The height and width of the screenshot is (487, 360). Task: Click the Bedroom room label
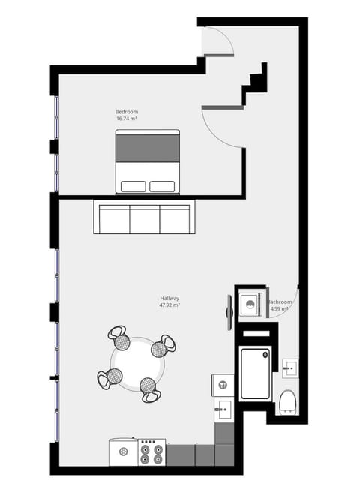(126, 112)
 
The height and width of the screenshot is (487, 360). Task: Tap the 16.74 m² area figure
(126, 119)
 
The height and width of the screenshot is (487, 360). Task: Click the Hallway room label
(169, 299)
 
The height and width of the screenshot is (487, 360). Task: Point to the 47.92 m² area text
(169, 305)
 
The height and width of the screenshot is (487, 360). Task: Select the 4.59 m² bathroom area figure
(280, 308)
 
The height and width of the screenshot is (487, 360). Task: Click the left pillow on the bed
(133, 186)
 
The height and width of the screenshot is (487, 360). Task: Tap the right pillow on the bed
(162, 186)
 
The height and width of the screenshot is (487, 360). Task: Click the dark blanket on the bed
(147, 146)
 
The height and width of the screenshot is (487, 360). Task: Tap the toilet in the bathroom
(288, 403)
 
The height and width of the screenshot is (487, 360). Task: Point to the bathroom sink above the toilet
(290, 368)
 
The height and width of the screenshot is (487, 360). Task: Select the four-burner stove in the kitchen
(151, 452)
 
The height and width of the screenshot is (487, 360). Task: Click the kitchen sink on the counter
(223, 410)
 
